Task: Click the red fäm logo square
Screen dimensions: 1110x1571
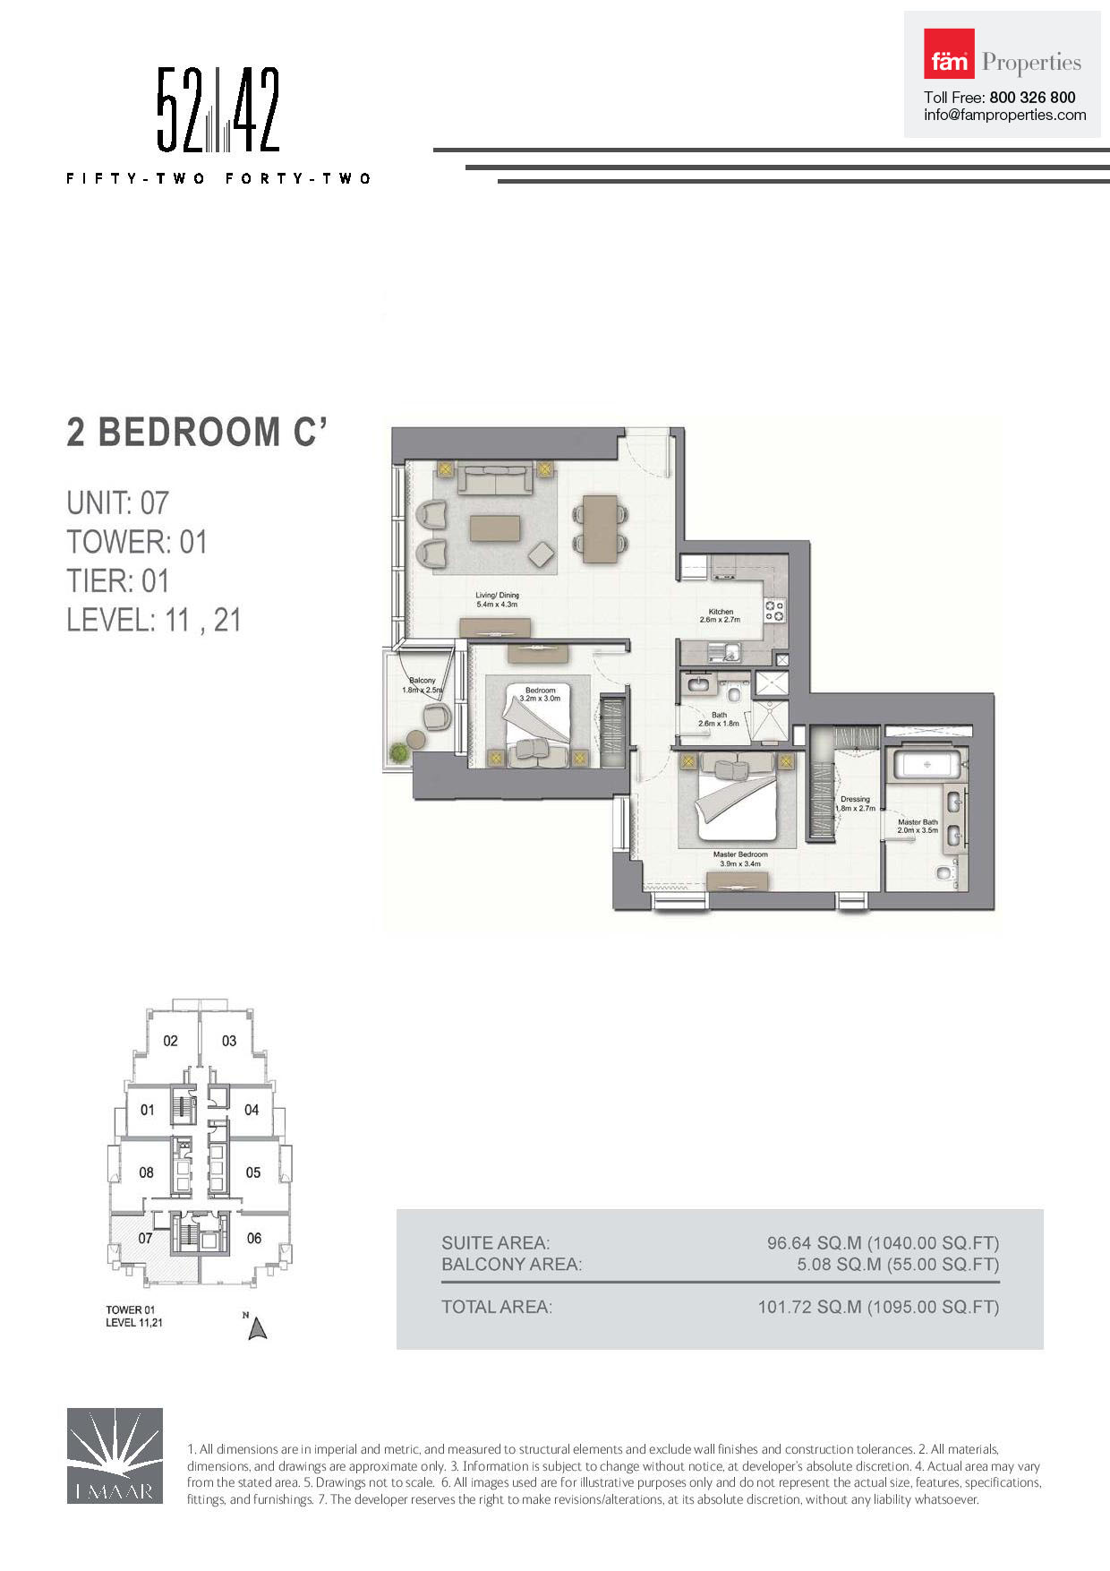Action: (949, 54)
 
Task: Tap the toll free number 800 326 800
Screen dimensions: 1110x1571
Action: (1032, 98)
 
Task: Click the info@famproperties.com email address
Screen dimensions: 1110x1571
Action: (1005, 116)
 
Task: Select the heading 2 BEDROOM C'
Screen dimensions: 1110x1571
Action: (197, 432)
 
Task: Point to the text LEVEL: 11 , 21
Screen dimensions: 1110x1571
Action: (154, 620)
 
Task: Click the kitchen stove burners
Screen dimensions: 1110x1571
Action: (774, 610)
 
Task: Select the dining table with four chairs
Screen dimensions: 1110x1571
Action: (600, 528)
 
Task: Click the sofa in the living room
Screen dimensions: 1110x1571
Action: (495, 478)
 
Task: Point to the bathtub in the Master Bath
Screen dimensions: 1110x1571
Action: (928, 765)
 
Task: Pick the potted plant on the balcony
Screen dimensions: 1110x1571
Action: (398, 752)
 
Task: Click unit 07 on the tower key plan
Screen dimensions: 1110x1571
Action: (145, 1238)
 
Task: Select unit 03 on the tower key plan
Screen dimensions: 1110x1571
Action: (229, 1041)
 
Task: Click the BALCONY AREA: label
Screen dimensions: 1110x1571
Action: (511, 1265)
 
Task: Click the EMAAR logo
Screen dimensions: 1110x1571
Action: (115, 1455)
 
